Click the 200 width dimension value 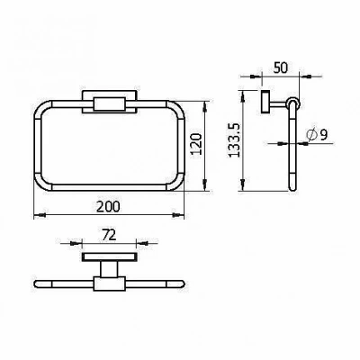pyautogui.click(x=108, y=206)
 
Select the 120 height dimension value pyautogui.click(x=196, y=144)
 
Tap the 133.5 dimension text pyautogui.click(x=234, y=140)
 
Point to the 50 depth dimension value pyautogui.click(x=281, y=67)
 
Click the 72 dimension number pyautogui.click(x=109, y=236)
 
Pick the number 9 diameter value pyautogui.click(x=323, y=135)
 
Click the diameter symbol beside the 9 pyautogui.click(x=311, y=135)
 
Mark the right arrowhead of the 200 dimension pyautogui.click(x=177, y=215)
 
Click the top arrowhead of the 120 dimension pyautogui.click(x=205, y=107)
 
